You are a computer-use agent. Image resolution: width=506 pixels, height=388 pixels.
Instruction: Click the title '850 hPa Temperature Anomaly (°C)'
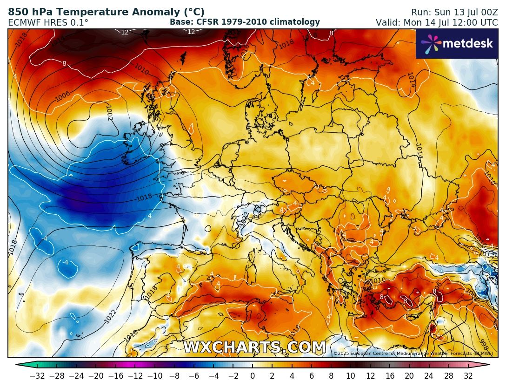pyautogui.click(x=106, y=13)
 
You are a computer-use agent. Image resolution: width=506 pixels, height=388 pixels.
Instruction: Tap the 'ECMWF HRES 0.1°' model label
pyautogui.click(x=48, y=22)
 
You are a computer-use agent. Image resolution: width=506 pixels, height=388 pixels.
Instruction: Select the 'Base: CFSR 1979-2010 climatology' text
pyautogui.click(x=245, y=22)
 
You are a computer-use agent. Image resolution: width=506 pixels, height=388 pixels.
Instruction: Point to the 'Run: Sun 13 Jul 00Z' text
pyautogui.click(x=454, y=13)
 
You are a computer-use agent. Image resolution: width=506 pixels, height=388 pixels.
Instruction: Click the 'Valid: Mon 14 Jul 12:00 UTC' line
pyautogui.click(x=437, y=22)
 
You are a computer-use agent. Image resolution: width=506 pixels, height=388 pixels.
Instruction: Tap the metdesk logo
pyautogui.click(x=456, y=44)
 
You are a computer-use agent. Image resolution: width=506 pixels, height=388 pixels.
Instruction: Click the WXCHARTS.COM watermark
pyautogui.click(x=254, y=347)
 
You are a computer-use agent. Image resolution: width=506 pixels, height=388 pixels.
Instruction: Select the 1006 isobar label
pyautogui.click(x=62, y=96)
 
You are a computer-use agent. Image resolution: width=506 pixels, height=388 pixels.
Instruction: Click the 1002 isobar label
pyautogui.click(x=109, y=112)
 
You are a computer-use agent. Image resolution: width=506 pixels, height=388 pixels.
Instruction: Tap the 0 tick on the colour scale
pyautogui.click(x=253, y=375)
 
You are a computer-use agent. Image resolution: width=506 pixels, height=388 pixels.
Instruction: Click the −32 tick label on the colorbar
pyautogui.click(x=37, y=375)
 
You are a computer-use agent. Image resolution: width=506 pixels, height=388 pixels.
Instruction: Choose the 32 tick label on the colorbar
pyautogui.click(x=468, y=375)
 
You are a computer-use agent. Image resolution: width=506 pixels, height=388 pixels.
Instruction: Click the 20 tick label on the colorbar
pyautogui.click(x=409, y=375)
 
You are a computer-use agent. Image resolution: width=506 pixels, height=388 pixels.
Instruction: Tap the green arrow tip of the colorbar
pyautogui.click(x=19, y=365)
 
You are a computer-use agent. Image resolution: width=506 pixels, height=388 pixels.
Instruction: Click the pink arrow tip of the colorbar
pyautogui.click(x=486, y=365)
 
